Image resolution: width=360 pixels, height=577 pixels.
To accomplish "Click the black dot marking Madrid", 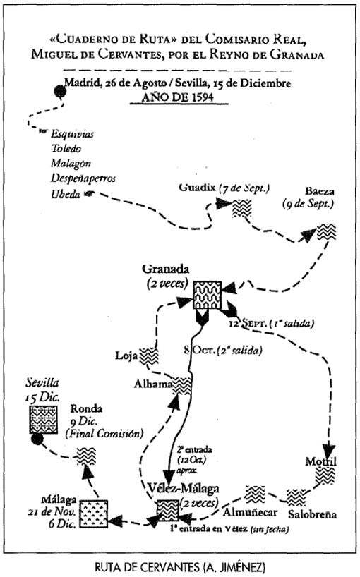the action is click(61, 91).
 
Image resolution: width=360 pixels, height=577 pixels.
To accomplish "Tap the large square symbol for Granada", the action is click(208, 295).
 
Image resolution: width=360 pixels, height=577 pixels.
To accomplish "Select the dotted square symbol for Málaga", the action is click(94, 514).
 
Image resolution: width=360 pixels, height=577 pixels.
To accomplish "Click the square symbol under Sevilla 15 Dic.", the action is click(44, 420).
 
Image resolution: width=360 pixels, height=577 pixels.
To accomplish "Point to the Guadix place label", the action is click(197, 188).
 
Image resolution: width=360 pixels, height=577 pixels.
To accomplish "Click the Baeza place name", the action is click(320, 191).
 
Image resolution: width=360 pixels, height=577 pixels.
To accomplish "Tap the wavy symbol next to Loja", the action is click(149, 356).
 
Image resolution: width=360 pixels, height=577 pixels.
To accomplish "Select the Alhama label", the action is click(152, 384).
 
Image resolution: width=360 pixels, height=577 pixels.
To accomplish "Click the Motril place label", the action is click(320, 461).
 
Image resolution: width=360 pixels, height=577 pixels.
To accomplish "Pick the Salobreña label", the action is click(312, 514).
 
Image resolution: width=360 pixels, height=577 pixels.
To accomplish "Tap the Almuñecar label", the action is click(250, 512).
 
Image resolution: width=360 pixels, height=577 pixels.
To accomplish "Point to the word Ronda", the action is click(86, 408).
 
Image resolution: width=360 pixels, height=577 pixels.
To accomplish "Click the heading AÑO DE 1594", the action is click(179, 97).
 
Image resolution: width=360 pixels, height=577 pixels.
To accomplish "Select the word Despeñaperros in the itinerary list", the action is click(83, 178).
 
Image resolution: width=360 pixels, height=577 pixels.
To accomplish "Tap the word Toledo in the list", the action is click(66, 149).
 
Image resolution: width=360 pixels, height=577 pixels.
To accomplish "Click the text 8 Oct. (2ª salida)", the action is click(223, 350).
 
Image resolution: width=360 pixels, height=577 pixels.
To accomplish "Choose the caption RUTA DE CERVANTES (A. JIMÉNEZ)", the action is click(179, 566).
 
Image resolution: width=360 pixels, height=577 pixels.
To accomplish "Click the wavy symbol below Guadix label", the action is click(241, 208).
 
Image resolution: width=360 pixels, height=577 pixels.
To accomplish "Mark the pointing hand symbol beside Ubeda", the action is click(88, 193).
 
